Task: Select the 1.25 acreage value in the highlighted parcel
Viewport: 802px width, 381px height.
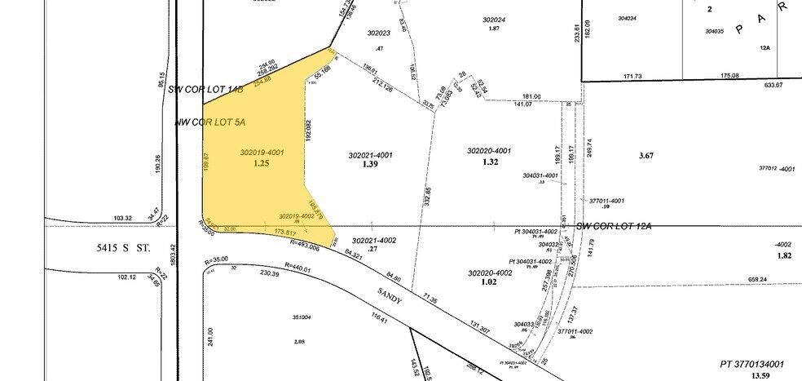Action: point(261,163)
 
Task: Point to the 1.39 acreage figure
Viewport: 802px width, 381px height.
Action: point(371,164)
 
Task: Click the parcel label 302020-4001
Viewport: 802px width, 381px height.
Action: point(488,151)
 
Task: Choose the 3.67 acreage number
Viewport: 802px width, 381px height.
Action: point(648,155)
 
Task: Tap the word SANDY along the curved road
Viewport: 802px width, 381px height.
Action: point(390,295)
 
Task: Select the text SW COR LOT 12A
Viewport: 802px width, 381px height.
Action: point(613,225)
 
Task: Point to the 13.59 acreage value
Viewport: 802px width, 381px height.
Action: point(760,375)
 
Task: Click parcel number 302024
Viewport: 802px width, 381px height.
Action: point(494,20)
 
